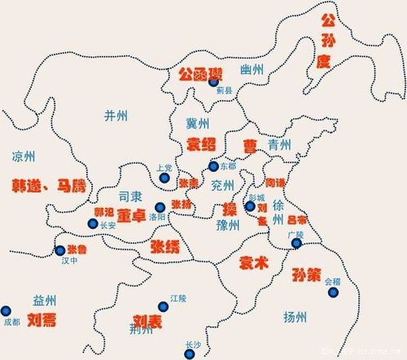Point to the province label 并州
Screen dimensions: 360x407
[x=116, y=116]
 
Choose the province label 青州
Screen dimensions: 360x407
[x=279, y=145]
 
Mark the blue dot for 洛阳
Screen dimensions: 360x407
[x=160, y=208]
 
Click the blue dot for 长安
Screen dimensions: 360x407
[x=91, y=224]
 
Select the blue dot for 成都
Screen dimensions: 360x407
[x=7, y=310]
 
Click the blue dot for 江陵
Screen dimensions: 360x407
[x=164, y=307]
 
